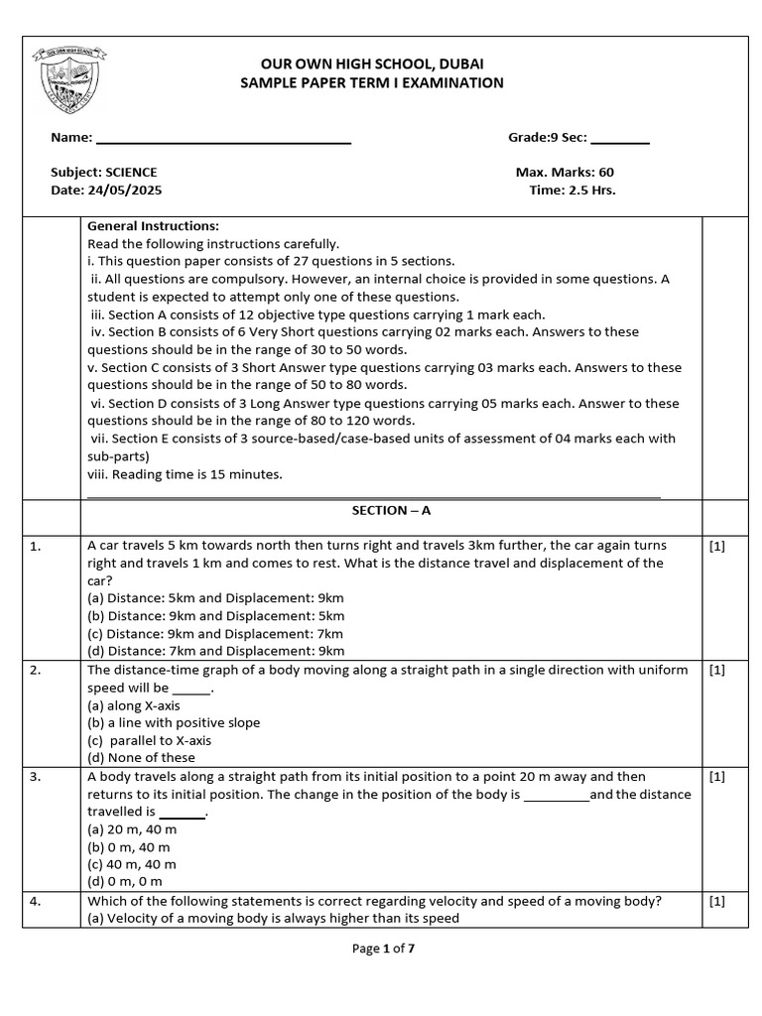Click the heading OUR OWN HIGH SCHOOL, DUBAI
[372, 63]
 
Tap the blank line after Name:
[223, 143]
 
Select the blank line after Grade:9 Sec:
[620, 143]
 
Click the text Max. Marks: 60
[565, 172]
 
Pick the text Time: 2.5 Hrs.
[572, 190]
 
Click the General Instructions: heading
[153, 225]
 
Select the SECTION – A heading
[391, 510]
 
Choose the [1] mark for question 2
[717, 670]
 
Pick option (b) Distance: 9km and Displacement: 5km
[215, 615]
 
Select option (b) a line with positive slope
[174, 722]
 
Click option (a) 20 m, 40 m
[132, 829]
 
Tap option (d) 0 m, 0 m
[125, 881]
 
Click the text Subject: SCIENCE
[103, 172]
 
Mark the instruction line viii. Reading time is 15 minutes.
[185, 474]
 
